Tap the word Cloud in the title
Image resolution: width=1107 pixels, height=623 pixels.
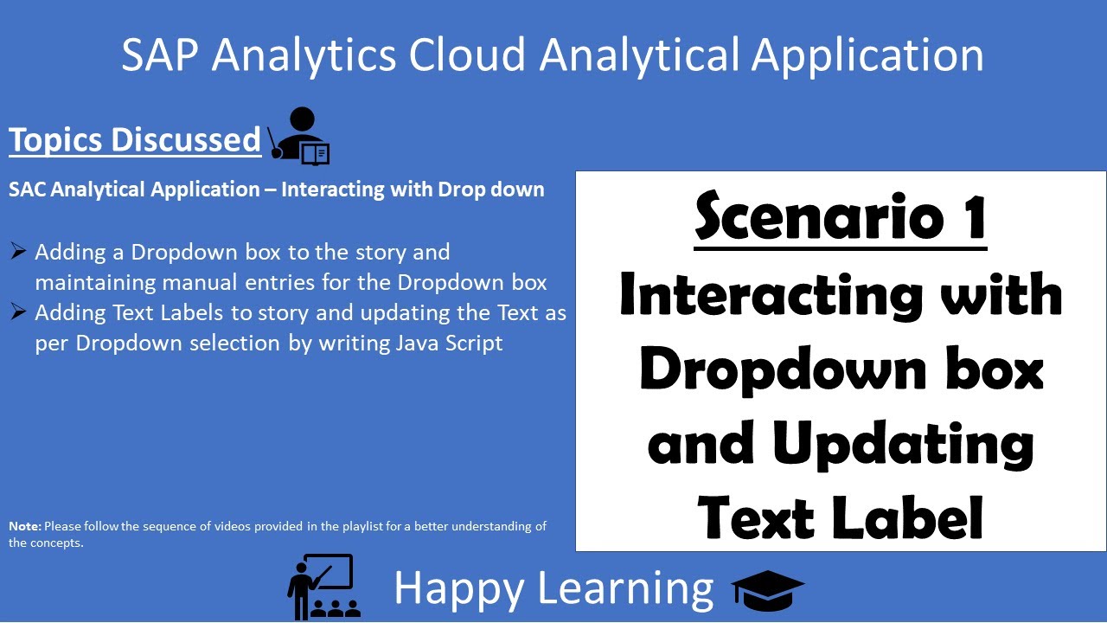pyautogui.click(x=467, y=55)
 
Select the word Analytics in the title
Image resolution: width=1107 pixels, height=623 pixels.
pyautogui.click(x=304, y=55)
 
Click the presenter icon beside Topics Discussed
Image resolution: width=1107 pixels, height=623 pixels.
pyautogui.click(x=298, y=136)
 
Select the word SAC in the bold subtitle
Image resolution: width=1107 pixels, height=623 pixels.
pyautogui.click(x=28, y=189)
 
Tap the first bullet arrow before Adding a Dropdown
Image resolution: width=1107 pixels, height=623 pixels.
pyautogui.click(x=18, y=252)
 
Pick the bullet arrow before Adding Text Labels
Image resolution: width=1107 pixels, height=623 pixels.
pyautogui.click(x=18, y=311)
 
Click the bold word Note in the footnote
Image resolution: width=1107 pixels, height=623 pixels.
pyautogui.click(x=24, y=526)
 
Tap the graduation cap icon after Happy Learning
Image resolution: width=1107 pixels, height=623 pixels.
pyautogui.click(x=768, y=589)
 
